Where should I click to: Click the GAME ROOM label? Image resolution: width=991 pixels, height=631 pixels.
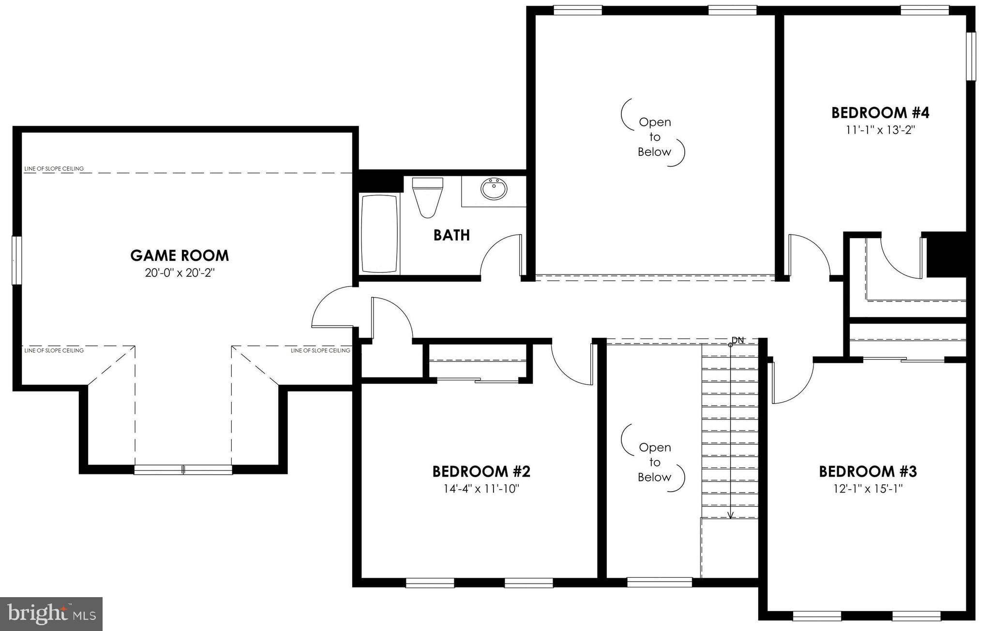[180, 255]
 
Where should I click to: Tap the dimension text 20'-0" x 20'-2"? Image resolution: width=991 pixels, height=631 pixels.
[180, 273]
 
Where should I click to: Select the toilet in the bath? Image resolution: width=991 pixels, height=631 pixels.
[427, 197]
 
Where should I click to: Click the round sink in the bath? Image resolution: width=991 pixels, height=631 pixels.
[494, 189]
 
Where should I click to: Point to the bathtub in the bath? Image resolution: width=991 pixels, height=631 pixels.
[380, 234]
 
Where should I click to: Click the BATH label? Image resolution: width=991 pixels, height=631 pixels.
[451, 235]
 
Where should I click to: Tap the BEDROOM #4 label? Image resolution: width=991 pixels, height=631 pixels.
[880, 113]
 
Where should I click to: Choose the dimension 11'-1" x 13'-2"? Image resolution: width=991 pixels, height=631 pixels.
[880, 130]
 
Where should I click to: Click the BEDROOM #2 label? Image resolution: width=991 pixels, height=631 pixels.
[481, 471]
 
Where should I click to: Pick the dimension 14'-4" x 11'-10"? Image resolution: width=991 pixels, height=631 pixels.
[481, 489]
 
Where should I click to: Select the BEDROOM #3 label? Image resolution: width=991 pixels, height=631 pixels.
[868, 471]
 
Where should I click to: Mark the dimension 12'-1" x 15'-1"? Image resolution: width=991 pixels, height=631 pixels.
[868, 489]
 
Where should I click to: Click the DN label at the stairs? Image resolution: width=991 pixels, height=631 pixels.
[737, 340]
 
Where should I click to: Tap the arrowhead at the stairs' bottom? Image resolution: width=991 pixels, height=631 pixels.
[731, 515]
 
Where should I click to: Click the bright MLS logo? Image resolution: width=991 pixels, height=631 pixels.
[51, 614]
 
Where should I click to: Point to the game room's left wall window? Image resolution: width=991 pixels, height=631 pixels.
[16, 260]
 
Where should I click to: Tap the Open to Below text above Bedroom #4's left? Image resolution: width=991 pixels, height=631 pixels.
[654, 137]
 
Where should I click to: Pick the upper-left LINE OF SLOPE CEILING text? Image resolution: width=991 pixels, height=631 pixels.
[54, 169]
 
